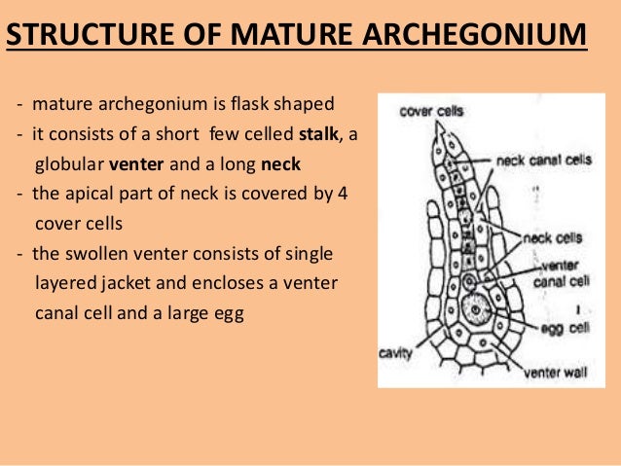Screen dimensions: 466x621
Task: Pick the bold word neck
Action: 281,164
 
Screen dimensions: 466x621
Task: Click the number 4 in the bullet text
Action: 341,194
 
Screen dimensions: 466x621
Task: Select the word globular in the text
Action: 71,164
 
